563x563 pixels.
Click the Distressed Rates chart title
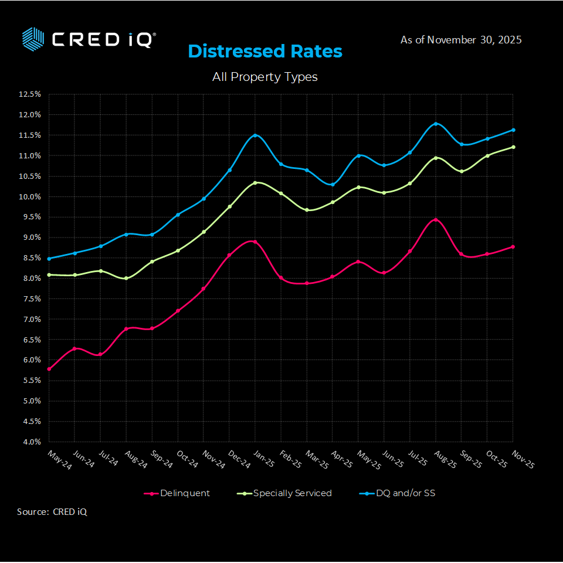tap(265, 52)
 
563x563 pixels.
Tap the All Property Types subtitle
tap(265, 77)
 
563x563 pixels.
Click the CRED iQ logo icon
tap(33, 39)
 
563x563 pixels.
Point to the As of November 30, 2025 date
tap(461, 40)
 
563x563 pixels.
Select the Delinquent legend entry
tap(177, 493)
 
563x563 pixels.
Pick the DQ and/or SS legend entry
tap(397, 493)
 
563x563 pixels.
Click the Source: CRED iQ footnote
tap(52, 512)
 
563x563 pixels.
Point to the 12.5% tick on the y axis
tap(30, 94)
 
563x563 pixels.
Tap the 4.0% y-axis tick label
tap(30, 442)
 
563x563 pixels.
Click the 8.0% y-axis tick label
tap(30, 278)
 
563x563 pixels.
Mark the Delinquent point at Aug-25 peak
tap(435, 220)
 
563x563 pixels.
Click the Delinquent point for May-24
tap(49, 369)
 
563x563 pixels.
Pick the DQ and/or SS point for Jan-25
tap(255, 135)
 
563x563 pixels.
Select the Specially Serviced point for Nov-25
tap(513, 147)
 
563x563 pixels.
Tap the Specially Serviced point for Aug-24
tap(126, 278)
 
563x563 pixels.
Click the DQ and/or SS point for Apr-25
tap(333, 184)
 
